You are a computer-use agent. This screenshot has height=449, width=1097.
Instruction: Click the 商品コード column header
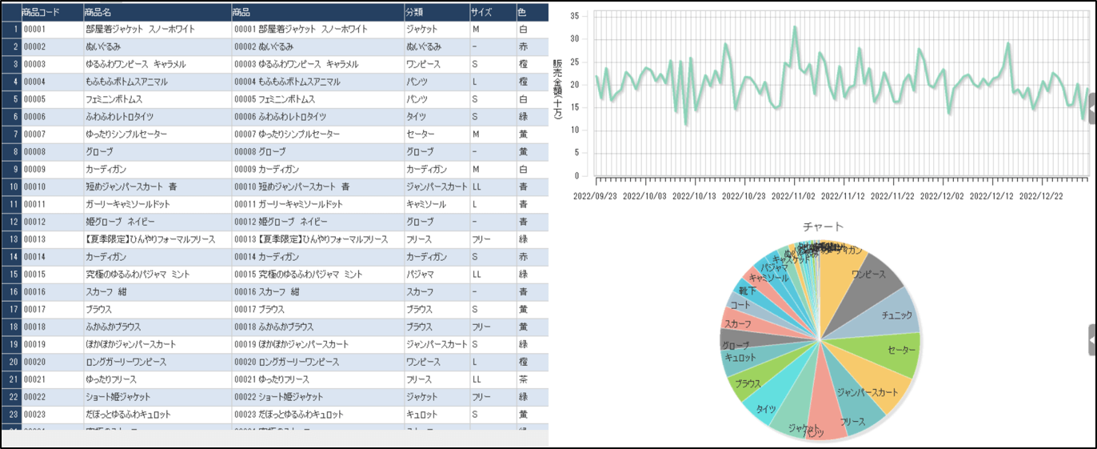(x=40, y=12)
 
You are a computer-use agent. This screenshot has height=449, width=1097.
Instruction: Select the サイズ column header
(x=481, y=12)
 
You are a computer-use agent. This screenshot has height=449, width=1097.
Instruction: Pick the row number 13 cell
(x=11, y=239)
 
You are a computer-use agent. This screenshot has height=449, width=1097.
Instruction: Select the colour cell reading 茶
(x=522, y=379)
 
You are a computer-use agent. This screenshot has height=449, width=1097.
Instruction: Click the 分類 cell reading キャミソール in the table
(x=426, y=204)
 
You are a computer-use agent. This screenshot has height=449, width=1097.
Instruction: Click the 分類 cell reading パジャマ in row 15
(x=421, y=275)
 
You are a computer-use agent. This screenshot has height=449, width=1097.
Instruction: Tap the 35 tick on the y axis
(x=584, y=15)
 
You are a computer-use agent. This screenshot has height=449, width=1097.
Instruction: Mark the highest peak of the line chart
(x=795, y=27)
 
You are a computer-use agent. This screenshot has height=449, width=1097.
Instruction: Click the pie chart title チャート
(x=823, y=227)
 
